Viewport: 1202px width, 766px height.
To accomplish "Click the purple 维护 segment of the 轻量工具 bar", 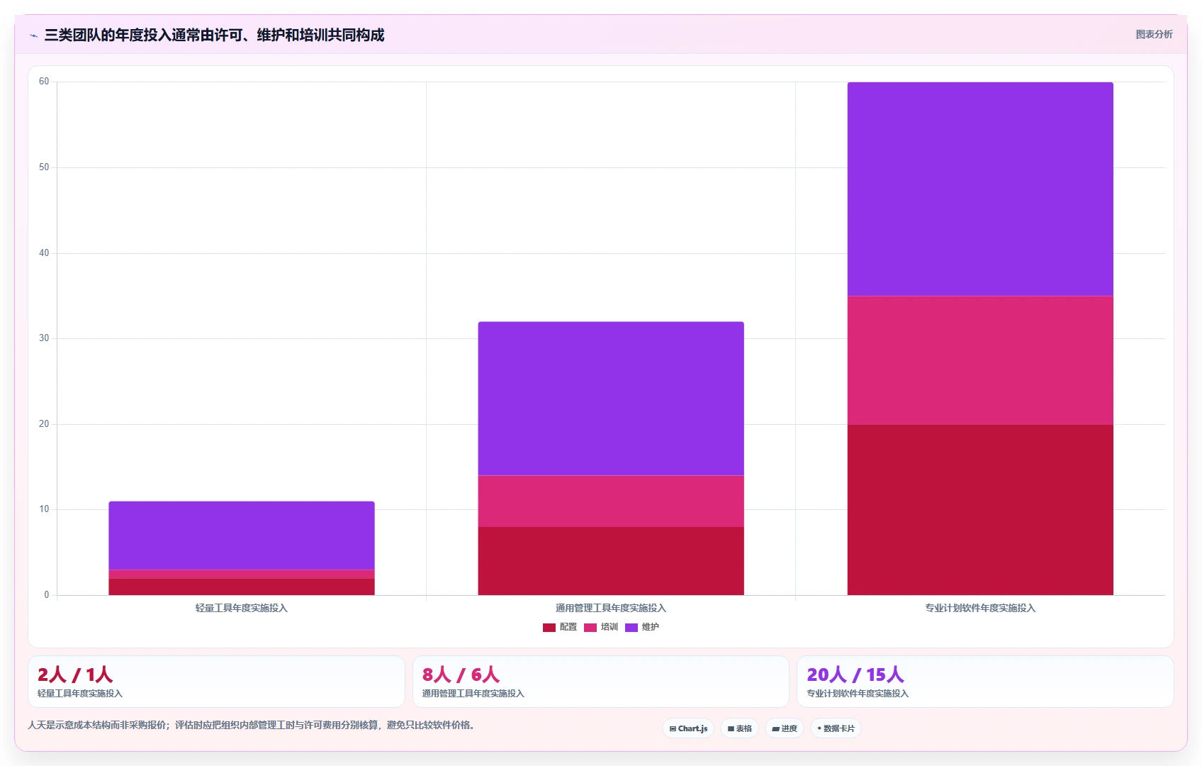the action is tap(242, 535).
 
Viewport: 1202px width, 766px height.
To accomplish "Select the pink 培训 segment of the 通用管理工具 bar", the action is tap(611, 501).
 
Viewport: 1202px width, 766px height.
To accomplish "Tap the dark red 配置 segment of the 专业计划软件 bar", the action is tap(980, 510).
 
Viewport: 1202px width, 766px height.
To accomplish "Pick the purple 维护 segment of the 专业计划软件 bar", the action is tap(980, 189).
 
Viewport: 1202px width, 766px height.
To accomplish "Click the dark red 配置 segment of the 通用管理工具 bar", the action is tap(611, 561).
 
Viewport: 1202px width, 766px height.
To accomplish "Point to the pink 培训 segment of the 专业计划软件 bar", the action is tap(980, 360).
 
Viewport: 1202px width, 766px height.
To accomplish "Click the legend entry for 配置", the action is tap(560, 627).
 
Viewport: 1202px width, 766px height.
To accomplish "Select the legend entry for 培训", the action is tap(601, 627).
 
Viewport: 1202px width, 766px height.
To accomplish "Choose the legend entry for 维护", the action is tap(642, 627).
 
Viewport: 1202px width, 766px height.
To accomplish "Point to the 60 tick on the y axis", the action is tap(44, 81).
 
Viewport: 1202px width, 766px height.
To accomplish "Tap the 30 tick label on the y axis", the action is tap(44, 338).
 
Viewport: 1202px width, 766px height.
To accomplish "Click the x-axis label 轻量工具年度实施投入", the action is tap(242, 608).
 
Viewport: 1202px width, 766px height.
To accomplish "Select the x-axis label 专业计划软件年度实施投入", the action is tap(980, 608).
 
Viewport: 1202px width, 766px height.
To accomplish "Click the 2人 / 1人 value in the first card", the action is tap(75, 674).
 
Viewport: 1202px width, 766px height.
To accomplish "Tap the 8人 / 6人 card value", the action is tap(461, 674).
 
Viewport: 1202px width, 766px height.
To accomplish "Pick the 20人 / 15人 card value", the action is tap(855, 674).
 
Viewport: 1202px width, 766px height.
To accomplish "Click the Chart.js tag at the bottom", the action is tap(688, 728).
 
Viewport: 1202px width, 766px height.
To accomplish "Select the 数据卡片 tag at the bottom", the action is tap(836, 728).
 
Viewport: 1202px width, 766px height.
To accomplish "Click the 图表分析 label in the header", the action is tap(1155, 34).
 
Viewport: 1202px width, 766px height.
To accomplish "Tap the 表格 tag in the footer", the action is tap(739, 728).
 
